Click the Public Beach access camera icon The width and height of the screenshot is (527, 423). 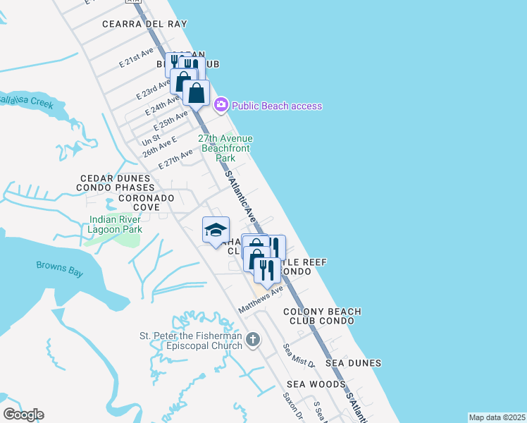pyautogui.click(x=221, y=105)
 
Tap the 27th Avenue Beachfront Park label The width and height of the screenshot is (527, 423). pyautogui.click(x=225, y=148)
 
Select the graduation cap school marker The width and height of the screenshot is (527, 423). pyautogui.click(x=216, y=230)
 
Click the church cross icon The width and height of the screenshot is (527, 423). pyautogui.click(x=253, y=341)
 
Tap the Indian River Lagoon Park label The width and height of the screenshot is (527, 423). pyautogui.click(x=116, y=223)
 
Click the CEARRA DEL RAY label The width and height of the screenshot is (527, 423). pyautogui.click(x=144, y=24)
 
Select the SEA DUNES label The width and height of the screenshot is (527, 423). pyautogui.click(x=354, y=363)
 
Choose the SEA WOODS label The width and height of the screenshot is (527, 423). pyautogui.click(x=316, y=384)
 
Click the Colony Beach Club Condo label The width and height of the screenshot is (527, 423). pyautogui.click(x=322, y=316)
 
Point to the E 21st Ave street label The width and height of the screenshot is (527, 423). pyautogui.click(x=137, y=58)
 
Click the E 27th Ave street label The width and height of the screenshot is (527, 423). pyautogui.click(x=175, y=159)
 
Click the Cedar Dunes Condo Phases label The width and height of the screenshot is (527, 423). pyautogui.click(x=117, y=183)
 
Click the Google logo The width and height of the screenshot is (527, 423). pyautogui.click(x=23, y=415)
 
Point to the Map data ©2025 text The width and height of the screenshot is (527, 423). pyautogui.click(x=497, y=417)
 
